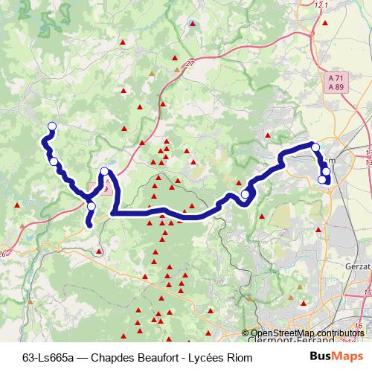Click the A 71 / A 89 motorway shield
[335, 82]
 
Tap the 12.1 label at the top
[321, 6]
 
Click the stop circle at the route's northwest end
[51, 126]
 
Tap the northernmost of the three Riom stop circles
[315, 147]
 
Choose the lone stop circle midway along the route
[246, 195]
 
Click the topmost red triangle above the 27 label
[193, 25]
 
